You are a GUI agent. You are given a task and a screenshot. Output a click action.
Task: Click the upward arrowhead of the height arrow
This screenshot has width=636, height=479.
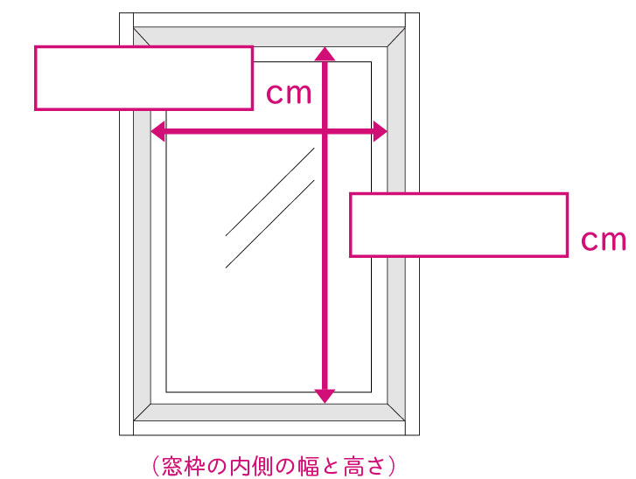tap(325, 54)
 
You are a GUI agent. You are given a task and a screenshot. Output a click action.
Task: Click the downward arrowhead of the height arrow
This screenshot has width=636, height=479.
tap(325, 396)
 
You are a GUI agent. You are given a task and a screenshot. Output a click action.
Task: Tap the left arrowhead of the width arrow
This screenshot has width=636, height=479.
tap(157, 131)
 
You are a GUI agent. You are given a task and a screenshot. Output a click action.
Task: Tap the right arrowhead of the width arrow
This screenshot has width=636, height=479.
tap(380, 131)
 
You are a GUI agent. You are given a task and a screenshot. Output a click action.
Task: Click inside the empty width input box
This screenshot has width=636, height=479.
tap(144, 78)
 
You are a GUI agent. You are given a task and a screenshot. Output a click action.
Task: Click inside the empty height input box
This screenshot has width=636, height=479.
tap(458, 225)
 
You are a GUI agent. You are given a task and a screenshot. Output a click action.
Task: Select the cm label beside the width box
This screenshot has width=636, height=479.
tap(289, 94)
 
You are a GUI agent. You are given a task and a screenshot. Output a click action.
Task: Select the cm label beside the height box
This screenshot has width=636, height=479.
tap(604, 239)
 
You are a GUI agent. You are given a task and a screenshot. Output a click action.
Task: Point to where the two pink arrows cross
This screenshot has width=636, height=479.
tap(325, 131)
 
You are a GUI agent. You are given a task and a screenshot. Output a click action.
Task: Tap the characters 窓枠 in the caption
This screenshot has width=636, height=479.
tap(183, 466)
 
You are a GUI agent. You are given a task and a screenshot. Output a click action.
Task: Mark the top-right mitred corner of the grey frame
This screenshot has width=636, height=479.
tap(396, 37)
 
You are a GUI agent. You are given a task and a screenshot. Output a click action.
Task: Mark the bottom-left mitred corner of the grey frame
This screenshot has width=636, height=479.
tap(143, 413)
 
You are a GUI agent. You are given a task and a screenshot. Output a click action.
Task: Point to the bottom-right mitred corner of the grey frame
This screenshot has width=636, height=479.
tap(396, 413)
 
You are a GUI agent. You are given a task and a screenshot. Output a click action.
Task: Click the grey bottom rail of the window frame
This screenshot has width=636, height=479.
tap(269, 413)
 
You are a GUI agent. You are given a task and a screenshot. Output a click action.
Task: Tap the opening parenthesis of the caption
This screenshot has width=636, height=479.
tap(157, 466)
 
